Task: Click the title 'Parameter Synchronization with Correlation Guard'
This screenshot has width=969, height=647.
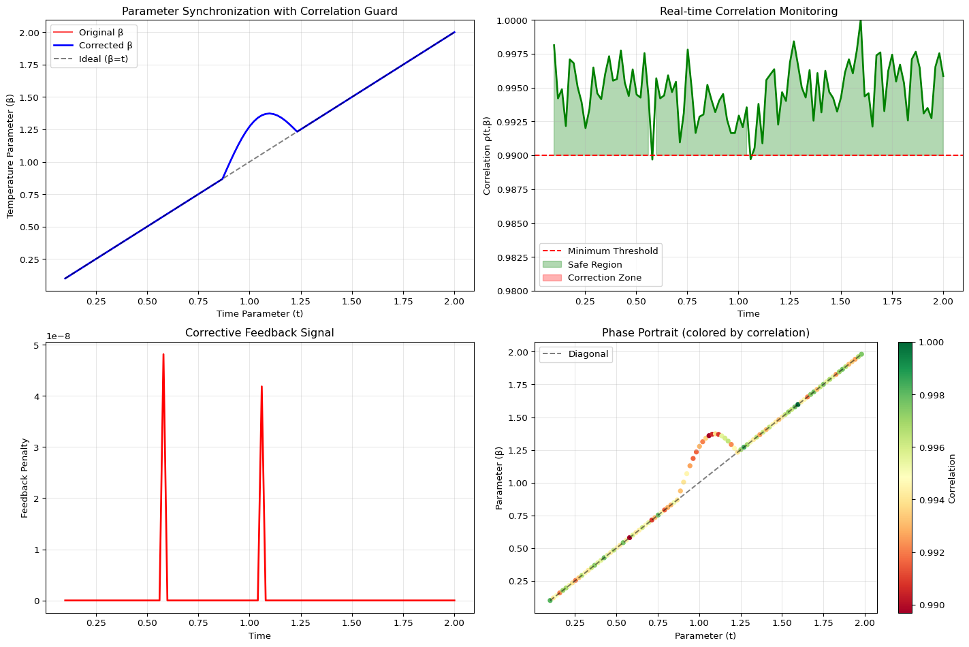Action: (x=259, y=11)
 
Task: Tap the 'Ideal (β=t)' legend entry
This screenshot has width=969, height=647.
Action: (x=103, y=59)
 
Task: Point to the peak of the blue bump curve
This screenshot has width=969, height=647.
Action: (x=269, y=114)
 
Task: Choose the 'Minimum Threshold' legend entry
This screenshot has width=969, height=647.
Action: (x=613, y=251)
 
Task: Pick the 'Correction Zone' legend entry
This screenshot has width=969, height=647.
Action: (x=604, y=278)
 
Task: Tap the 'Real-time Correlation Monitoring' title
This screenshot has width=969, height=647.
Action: (x=748, y=11)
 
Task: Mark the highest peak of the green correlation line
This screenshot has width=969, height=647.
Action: (x=860, y=21)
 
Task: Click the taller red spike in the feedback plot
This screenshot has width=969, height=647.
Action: (x=163, y=355)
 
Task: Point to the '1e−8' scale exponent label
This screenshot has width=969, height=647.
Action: (x=60, y=336)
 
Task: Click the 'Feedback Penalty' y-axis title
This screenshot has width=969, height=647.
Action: (x=25, y=478)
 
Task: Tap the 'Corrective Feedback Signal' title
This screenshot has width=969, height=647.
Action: (x=259, y=333)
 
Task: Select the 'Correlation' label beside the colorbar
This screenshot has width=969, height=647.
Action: (x=952, y=478)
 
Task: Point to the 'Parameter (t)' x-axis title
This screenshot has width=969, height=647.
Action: (x=705, y=636)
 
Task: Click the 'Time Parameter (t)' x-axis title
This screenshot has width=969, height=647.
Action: (x=259, y=314)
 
